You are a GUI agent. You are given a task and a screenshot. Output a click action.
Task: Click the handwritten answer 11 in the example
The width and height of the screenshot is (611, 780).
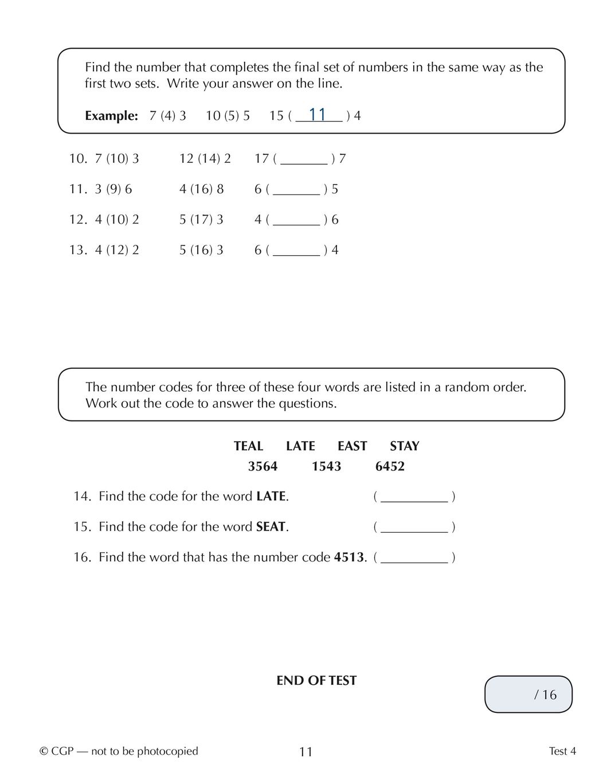318,115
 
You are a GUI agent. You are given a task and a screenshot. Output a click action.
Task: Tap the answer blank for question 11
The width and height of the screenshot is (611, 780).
296,190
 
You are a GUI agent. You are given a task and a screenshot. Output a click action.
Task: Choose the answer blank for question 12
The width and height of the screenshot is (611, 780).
296,220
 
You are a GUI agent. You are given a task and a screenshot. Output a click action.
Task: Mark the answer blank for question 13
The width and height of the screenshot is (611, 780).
296,251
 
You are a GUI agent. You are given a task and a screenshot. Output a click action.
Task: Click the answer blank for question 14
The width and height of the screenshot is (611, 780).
414,497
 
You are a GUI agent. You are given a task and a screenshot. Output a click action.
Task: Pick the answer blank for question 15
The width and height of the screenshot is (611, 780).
414,527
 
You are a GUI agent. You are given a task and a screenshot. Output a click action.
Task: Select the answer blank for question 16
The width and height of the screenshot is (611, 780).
414,557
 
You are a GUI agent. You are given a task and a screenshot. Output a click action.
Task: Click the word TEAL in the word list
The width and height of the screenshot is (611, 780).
248,446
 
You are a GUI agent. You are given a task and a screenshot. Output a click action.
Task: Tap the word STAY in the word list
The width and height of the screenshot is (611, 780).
404,446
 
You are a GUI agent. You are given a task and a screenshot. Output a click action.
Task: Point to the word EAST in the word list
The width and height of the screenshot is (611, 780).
352,446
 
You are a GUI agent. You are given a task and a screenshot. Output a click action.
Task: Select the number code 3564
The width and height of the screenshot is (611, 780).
263,466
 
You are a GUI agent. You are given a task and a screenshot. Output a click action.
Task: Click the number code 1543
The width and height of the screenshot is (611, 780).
326,466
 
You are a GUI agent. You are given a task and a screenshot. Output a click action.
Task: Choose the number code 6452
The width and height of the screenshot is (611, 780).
390,466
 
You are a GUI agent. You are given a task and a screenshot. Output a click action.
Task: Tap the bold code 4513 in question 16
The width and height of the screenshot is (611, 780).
348,557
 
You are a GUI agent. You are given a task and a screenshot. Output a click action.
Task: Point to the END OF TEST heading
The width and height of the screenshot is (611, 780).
316,681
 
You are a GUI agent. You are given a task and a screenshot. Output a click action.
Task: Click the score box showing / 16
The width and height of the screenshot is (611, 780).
528,695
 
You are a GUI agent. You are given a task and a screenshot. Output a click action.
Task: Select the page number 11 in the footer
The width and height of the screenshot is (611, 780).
305,752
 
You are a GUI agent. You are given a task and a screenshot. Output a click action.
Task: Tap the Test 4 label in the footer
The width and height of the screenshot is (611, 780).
562,751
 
